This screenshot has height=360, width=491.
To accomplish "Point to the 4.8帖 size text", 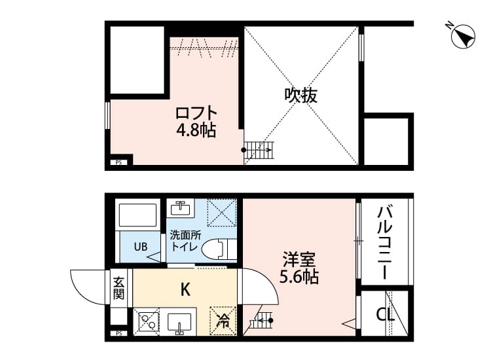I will point(196,130).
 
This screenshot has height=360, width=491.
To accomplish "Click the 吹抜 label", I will point(300,96).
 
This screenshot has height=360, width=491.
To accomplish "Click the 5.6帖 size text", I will point(300,277).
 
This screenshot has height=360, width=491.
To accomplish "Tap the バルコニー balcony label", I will point(385,242).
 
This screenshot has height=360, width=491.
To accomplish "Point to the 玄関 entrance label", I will point(118,288).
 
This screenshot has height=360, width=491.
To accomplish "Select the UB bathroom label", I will point(140,247).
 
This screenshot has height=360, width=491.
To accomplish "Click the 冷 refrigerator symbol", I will point(223,320).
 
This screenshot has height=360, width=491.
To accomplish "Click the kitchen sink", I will point(179,323).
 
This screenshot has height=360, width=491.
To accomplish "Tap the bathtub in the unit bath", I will point(138,215).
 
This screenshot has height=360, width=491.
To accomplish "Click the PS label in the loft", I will point(118,162).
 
